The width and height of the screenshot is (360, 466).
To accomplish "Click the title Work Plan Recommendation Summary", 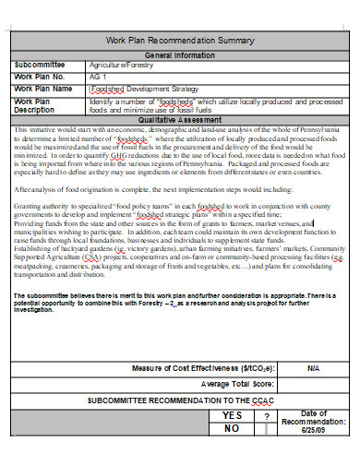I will pyautogui.click(x=179, y=42).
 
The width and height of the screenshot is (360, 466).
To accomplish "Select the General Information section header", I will pyautogui.click(x=179, y=55).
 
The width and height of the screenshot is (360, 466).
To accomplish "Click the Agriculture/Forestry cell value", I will pyautogui.click(x=121, y=66).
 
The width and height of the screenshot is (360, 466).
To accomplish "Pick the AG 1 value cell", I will pyautogui.click(x=98, y=78).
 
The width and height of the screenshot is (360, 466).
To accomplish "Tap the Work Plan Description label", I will pyautogui.click(x=37, y=104).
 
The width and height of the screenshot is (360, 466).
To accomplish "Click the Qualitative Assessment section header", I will pyautogui.click(x=179, y=119).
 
